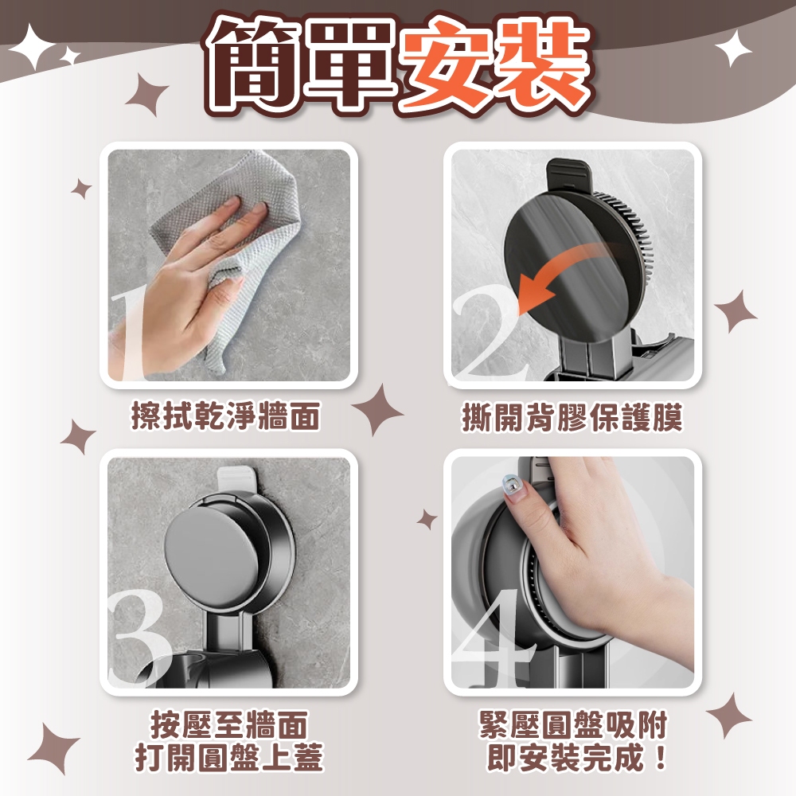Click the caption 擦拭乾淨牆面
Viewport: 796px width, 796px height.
pos(226,416)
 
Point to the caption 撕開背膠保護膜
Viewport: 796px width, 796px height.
pos(572,417)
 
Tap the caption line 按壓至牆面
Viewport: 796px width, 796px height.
pos(229,725)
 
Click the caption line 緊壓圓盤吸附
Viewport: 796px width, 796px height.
pos(574,725)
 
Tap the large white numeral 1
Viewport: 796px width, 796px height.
pos(127,336)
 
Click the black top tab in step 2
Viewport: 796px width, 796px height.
pos(569,174)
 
